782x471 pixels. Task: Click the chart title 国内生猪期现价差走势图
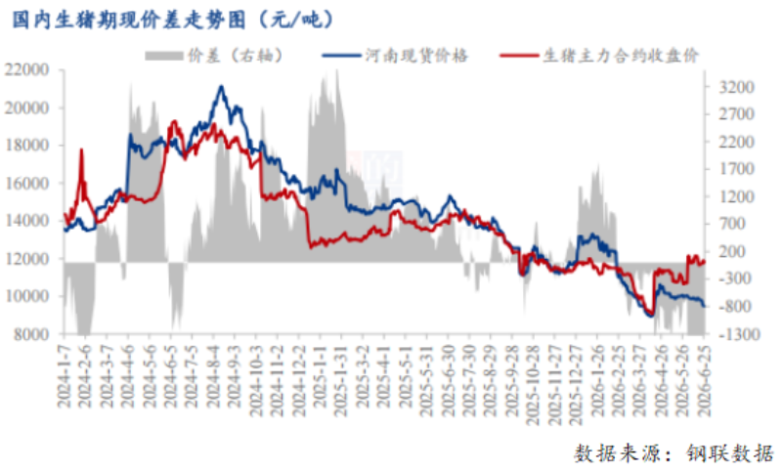coord(129,20)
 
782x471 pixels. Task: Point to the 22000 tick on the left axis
coord(27,69)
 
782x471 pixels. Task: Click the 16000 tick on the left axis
coord(27,183)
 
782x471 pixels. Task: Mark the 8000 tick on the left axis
coord(31,334)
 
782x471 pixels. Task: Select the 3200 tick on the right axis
coord(736,87)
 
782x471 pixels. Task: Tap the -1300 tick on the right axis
coord(739,334)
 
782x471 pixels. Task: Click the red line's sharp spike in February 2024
coord(82,150)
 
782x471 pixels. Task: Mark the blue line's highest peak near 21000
coord(221,87)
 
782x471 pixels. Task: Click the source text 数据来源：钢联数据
coord(673,454)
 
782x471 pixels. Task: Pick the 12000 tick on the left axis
coord(27,258)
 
